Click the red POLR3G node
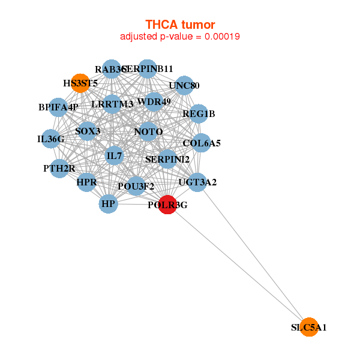tap(167, 205)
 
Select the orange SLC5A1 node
tap(308, 327)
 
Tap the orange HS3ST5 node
tap(80, 83)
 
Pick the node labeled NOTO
tap(148, 131)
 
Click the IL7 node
tap(114, 156)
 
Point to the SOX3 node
tap(88, 131)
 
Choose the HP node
tap(108, 204)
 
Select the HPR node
tap(86, 182)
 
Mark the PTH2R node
tap(59, 167)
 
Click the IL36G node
tap(50, 139)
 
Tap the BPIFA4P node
tap(58, 107)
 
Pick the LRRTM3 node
tap(112, 104)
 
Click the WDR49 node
tap(154, 101)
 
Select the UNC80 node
tap(184, 85)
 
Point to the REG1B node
tap(199, 113)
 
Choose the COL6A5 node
tap(202, 143)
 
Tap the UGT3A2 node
tap(197, 181)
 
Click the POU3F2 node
tap(136, 185)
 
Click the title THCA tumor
tap(180, 24)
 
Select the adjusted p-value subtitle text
tap(180, 36)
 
